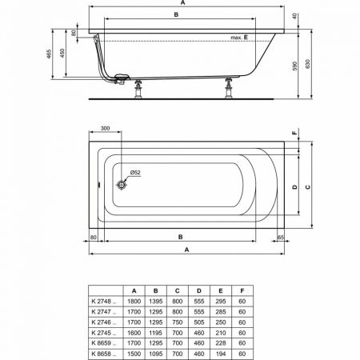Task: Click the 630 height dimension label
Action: pyautogui.click(x=308, y=64)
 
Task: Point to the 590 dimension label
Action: pyautogui.click(x=294, y=66)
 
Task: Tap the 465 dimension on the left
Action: pyautogui.click(x=49, y=54)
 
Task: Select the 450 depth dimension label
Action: pyautogui.click(x=62, y=54)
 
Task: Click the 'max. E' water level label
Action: pyautogui.click(x=239, y=38)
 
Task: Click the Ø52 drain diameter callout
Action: pyautogui.click(x=135, y=173)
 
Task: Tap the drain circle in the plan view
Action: pyautogui.click(x=122, y=185)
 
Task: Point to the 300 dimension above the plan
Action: pyautogui.click(x=105, y=128)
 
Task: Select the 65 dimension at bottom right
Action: pyautogui.click(x=281, y=237)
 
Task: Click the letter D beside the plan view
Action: pyautogui.click(x=294, y=187)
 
